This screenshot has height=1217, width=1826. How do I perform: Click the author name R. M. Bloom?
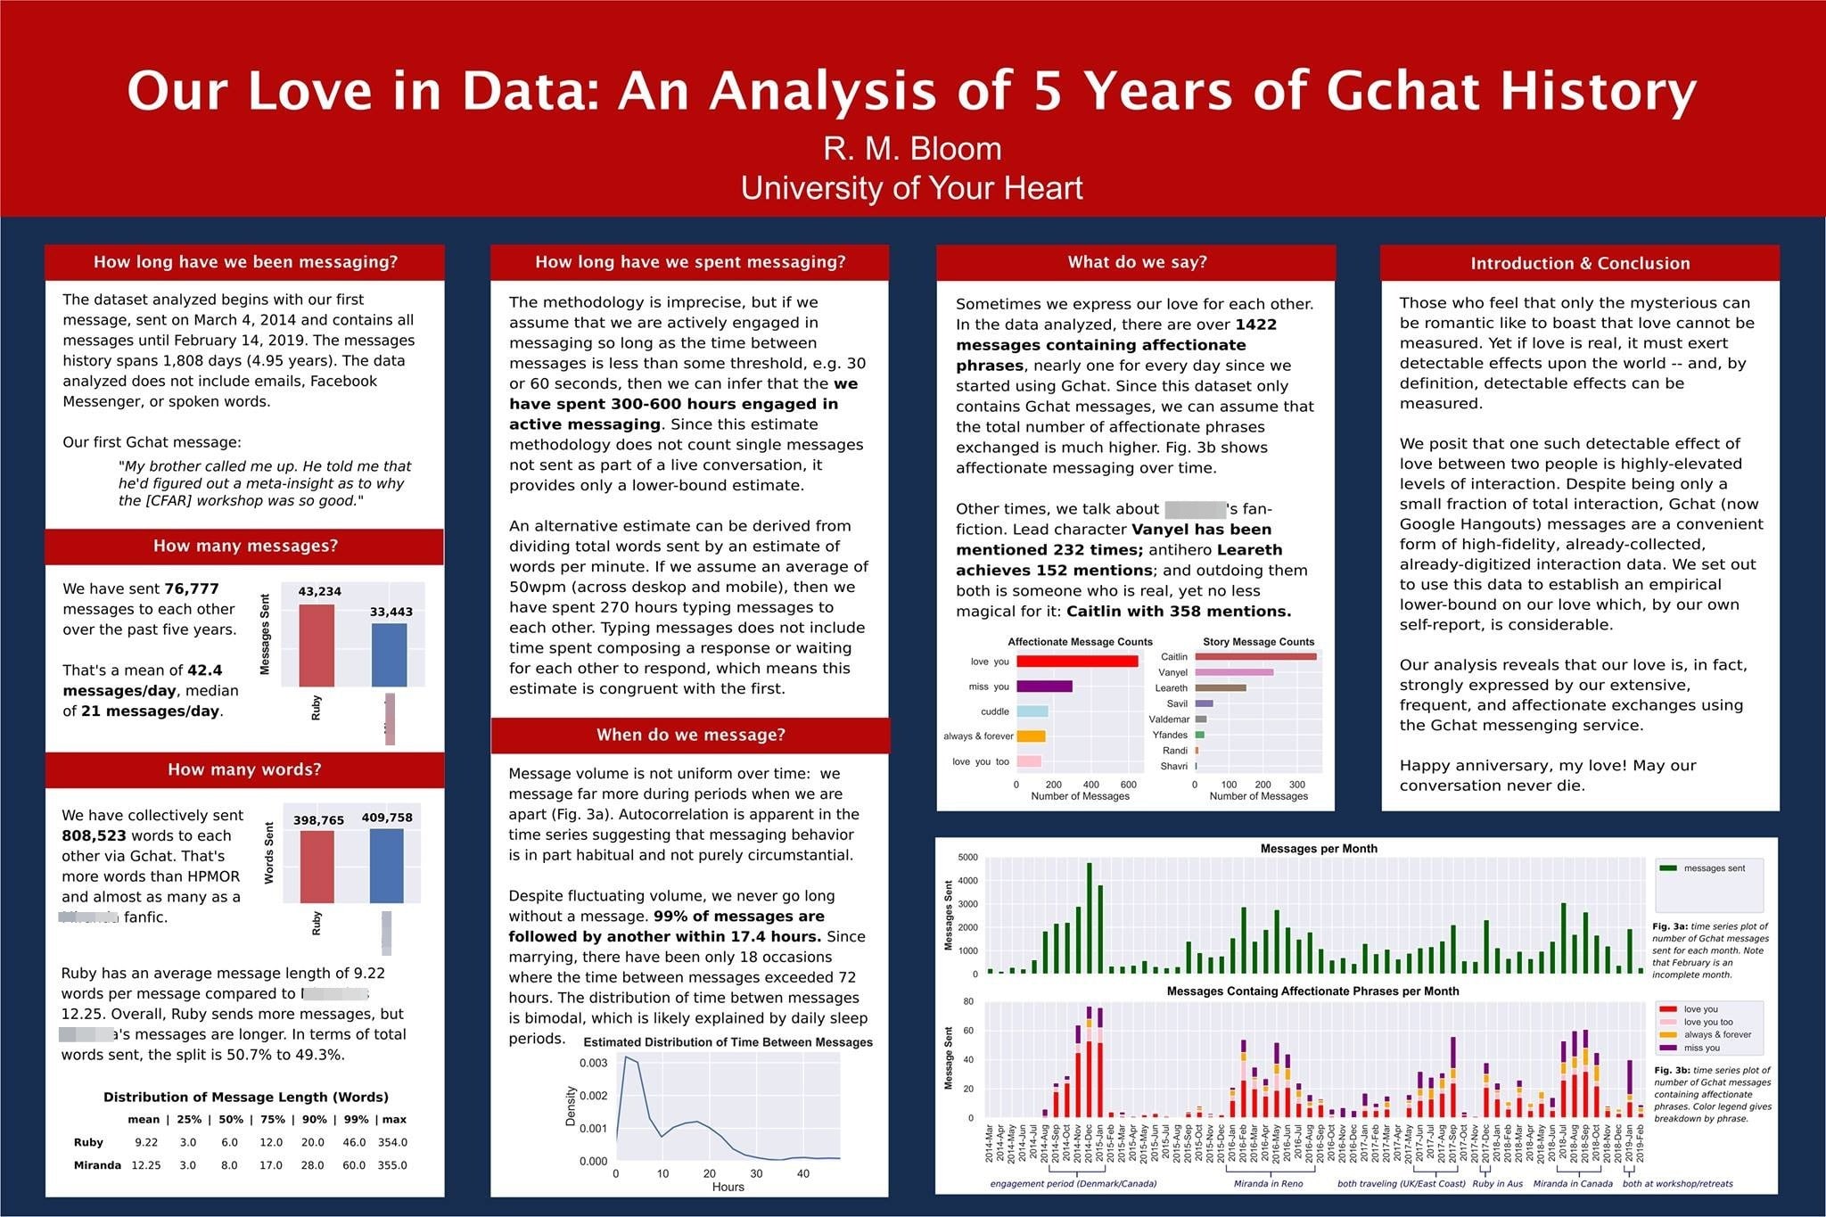tap(912, 148)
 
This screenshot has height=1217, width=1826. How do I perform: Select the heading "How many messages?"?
tap(245, 546)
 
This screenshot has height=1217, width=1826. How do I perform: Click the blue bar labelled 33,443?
tap(389, 654)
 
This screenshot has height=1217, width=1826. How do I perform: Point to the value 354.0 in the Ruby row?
tap(392, 1142)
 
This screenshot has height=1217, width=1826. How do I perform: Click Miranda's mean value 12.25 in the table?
tap(146, 1165)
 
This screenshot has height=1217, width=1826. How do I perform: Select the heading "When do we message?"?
tap(691, 735)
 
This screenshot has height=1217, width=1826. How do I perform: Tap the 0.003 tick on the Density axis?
tap(594, 1063)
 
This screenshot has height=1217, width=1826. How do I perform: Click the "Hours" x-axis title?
tap(728, 1187)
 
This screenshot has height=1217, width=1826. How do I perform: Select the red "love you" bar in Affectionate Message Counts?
tap(1077, 662)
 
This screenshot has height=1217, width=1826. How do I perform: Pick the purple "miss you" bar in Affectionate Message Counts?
tap(1044, 687)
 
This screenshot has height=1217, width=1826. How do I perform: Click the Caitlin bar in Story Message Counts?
tap(1255, 657)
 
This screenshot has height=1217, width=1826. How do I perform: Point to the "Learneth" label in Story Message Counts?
tap(1172, 688)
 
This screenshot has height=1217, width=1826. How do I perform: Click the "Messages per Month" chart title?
tap(1319, 849)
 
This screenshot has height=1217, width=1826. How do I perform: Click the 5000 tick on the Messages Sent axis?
tap(967, 858)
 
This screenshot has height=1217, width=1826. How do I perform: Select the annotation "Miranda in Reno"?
tap(1268, 1184)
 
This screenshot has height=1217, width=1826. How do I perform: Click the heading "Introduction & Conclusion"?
tap(1580, 263)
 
